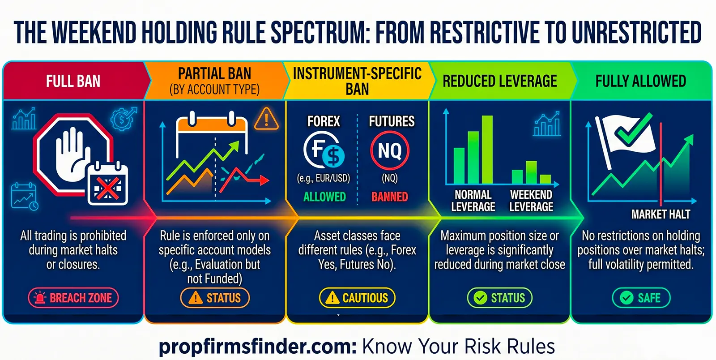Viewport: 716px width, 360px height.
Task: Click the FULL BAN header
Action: pos(73,81)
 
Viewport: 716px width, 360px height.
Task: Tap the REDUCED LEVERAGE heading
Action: pos(499,81)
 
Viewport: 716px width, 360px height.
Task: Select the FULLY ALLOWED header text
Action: pos(640,81)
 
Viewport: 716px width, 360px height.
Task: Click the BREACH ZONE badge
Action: pos(73,298)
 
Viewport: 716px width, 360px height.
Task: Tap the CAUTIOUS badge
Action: pos(357,298)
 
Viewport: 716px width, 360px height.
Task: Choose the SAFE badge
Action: pos(641,298)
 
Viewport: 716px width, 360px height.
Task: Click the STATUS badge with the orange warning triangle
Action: pos(215,298)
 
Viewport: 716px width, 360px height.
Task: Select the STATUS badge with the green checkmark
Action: pos(499,298)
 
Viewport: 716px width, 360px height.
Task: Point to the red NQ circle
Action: pos(389,150)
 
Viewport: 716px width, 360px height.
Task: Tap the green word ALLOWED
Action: pos(324,197)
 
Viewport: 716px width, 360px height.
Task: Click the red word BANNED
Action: pos(389,197)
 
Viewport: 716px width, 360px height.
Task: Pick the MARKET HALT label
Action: pos(661,214)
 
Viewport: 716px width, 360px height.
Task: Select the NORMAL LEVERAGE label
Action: pos(473,201)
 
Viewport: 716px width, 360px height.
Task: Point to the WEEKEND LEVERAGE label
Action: pos(531,201)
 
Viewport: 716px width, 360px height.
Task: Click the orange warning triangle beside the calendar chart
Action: pos(266,119)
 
